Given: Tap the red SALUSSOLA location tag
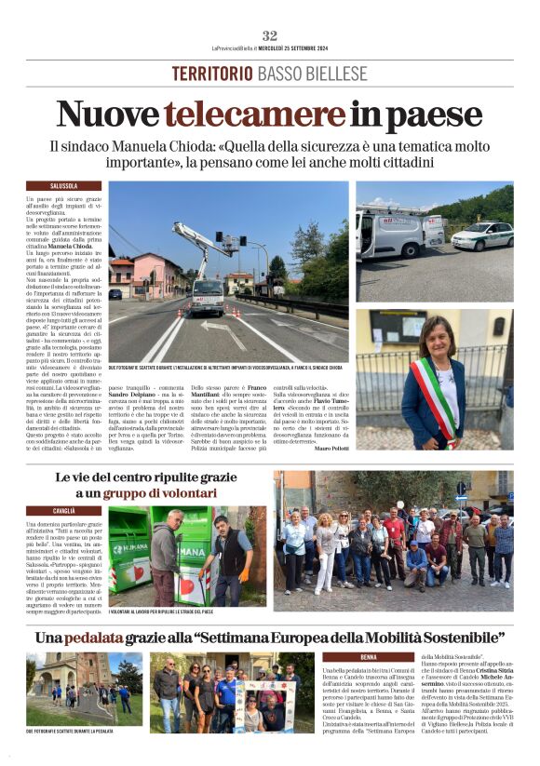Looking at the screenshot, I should (64, 186).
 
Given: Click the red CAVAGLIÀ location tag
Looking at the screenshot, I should (64, 511).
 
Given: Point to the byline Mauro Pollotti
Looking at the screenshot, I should (488, 448).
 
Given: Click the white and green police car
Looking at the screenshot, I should (481, 235).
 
